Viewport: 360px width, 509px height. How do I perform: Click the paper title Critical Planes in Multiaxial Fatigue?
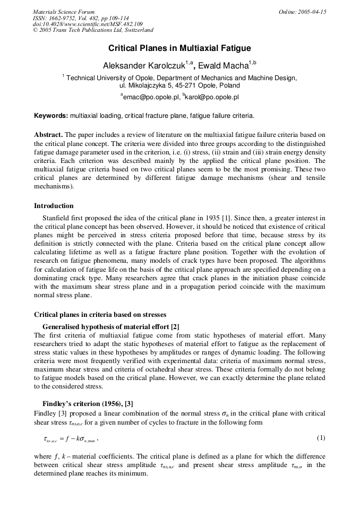[179, 48]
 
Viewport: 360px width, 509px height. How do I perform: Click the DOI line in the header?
[88, 24]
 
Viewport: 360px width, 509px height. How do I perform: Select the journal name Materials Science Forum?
[64, 12]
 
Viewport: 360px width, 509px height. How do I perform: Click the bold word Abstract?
[48, 135]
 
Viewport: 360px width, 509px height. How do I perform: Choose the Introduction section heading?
[54, 206]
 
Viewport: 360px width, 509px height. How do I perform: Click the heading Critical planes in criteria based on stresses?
[100, 315]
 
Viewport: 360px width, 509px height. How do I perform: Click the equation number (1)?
[321, 438]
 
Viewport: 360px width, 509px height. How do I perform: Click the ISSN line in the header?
[80, 18]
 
